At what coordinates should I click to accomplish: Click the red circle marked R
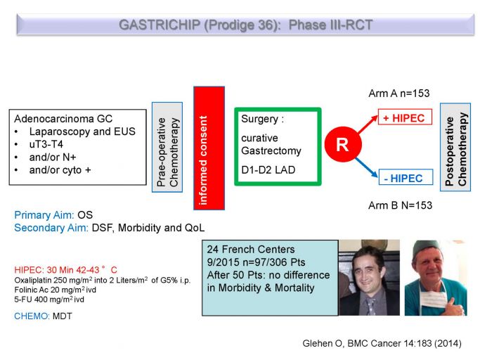pyautogui.click(x=343, y=144)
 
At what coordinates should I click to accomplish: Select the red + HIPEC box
pyautogui.click(x=405, y=117)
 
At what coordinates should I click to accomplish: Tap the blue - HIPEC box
pyautogui.click(x=406, y=177)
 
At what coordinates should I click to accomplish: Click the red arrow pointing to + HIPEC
pyautogui.click(x=368, y=124)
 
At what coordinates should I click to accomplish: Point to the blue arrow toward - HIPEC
pyautogui.click(x=367, y=167)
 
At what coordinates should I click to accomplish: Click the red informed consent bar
pyautogui.click(x=209, y=148)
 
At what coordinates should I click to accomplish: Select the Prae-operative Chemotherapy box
pyautogui.click(x=167, y=148)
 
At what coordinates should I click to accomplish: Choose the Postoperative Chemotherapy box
pyautogui.click(x=455, y=148)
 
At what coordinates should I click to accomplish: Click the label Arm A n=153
pyautogui.click(x=399, y=93)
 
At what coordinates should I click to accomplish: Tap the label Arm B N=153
pyautogui.click(x=400, y=205)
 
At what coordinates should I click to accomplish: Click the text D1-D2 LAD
pyautogui.click(x=268, y=169)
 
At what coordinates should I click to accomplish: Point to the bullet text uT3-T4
pyautogui.click(x=46, y=144)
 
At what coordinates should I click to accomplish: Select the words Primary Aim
pyautogui.click(x=44, y=215)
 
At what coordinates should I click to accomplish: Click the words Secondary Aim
pyautogui.click(x=51, y=228)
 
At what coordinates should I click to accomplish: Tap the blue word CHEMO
pyautogui.click(x=32, y=316)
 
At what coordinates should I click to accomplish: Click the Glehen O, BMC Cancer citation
pyautogui.click(x=382, y=343)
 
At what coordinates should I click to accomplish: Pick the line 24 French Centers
pyautogui.click(x=251, y=250)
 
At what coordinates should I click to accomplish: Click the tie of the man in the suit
pyautogui.click(x=370, y=306)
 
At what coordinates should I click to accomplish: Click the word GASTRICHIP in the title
pyautogui.click(x=160, y=25)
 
